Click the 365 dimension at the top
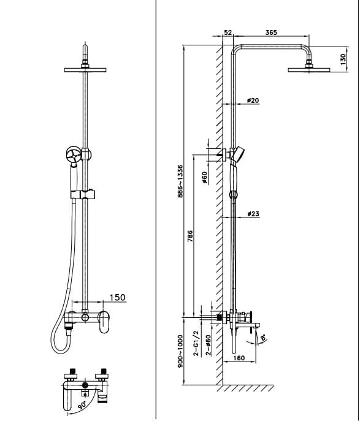(x=271, y=32)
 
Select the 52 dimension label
(x=228, y=32)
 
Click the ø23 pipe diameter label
(x=253, y=214)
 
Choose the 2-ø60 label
(x=208, y=345)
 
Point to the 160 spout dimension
(x=239, y=358)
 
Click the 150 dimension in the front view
(x=117, y=298)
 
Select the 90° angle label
(x=81, y=405)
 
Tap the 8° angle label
(x=262, y=336)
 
